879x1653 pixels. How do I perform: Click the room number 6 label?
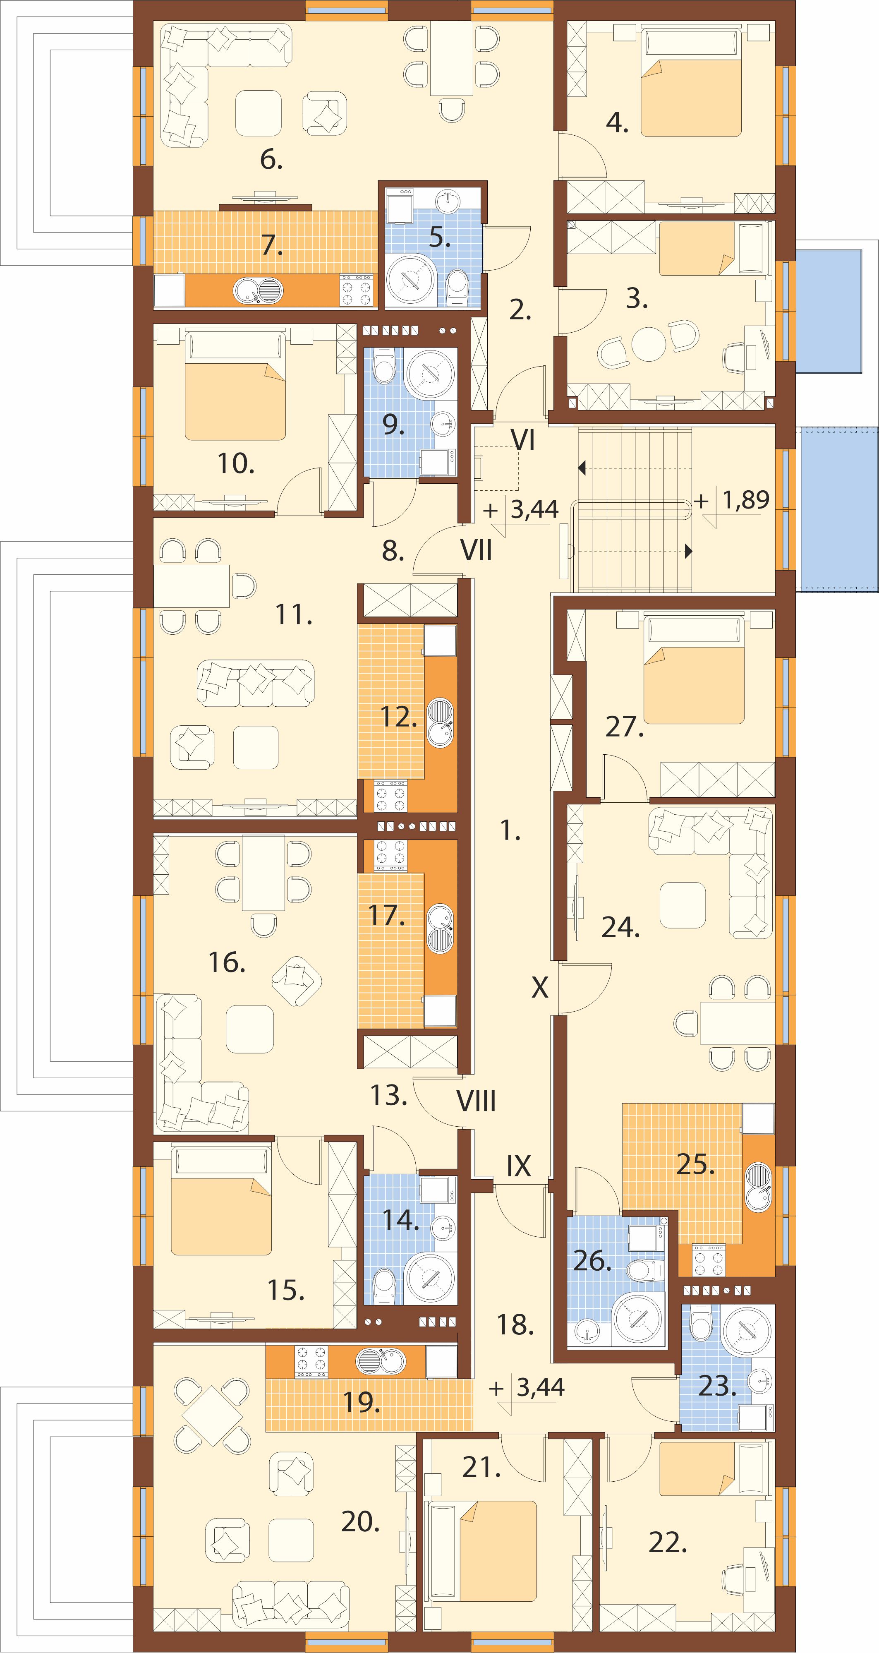271,160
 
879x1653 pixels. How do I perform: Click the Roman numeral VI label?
522,440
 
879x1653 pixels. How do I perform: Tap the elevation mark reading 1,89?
745,499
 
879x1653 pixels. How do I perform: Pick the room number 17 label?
386,916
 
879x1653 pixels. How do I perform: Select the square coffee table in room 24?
682,905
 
